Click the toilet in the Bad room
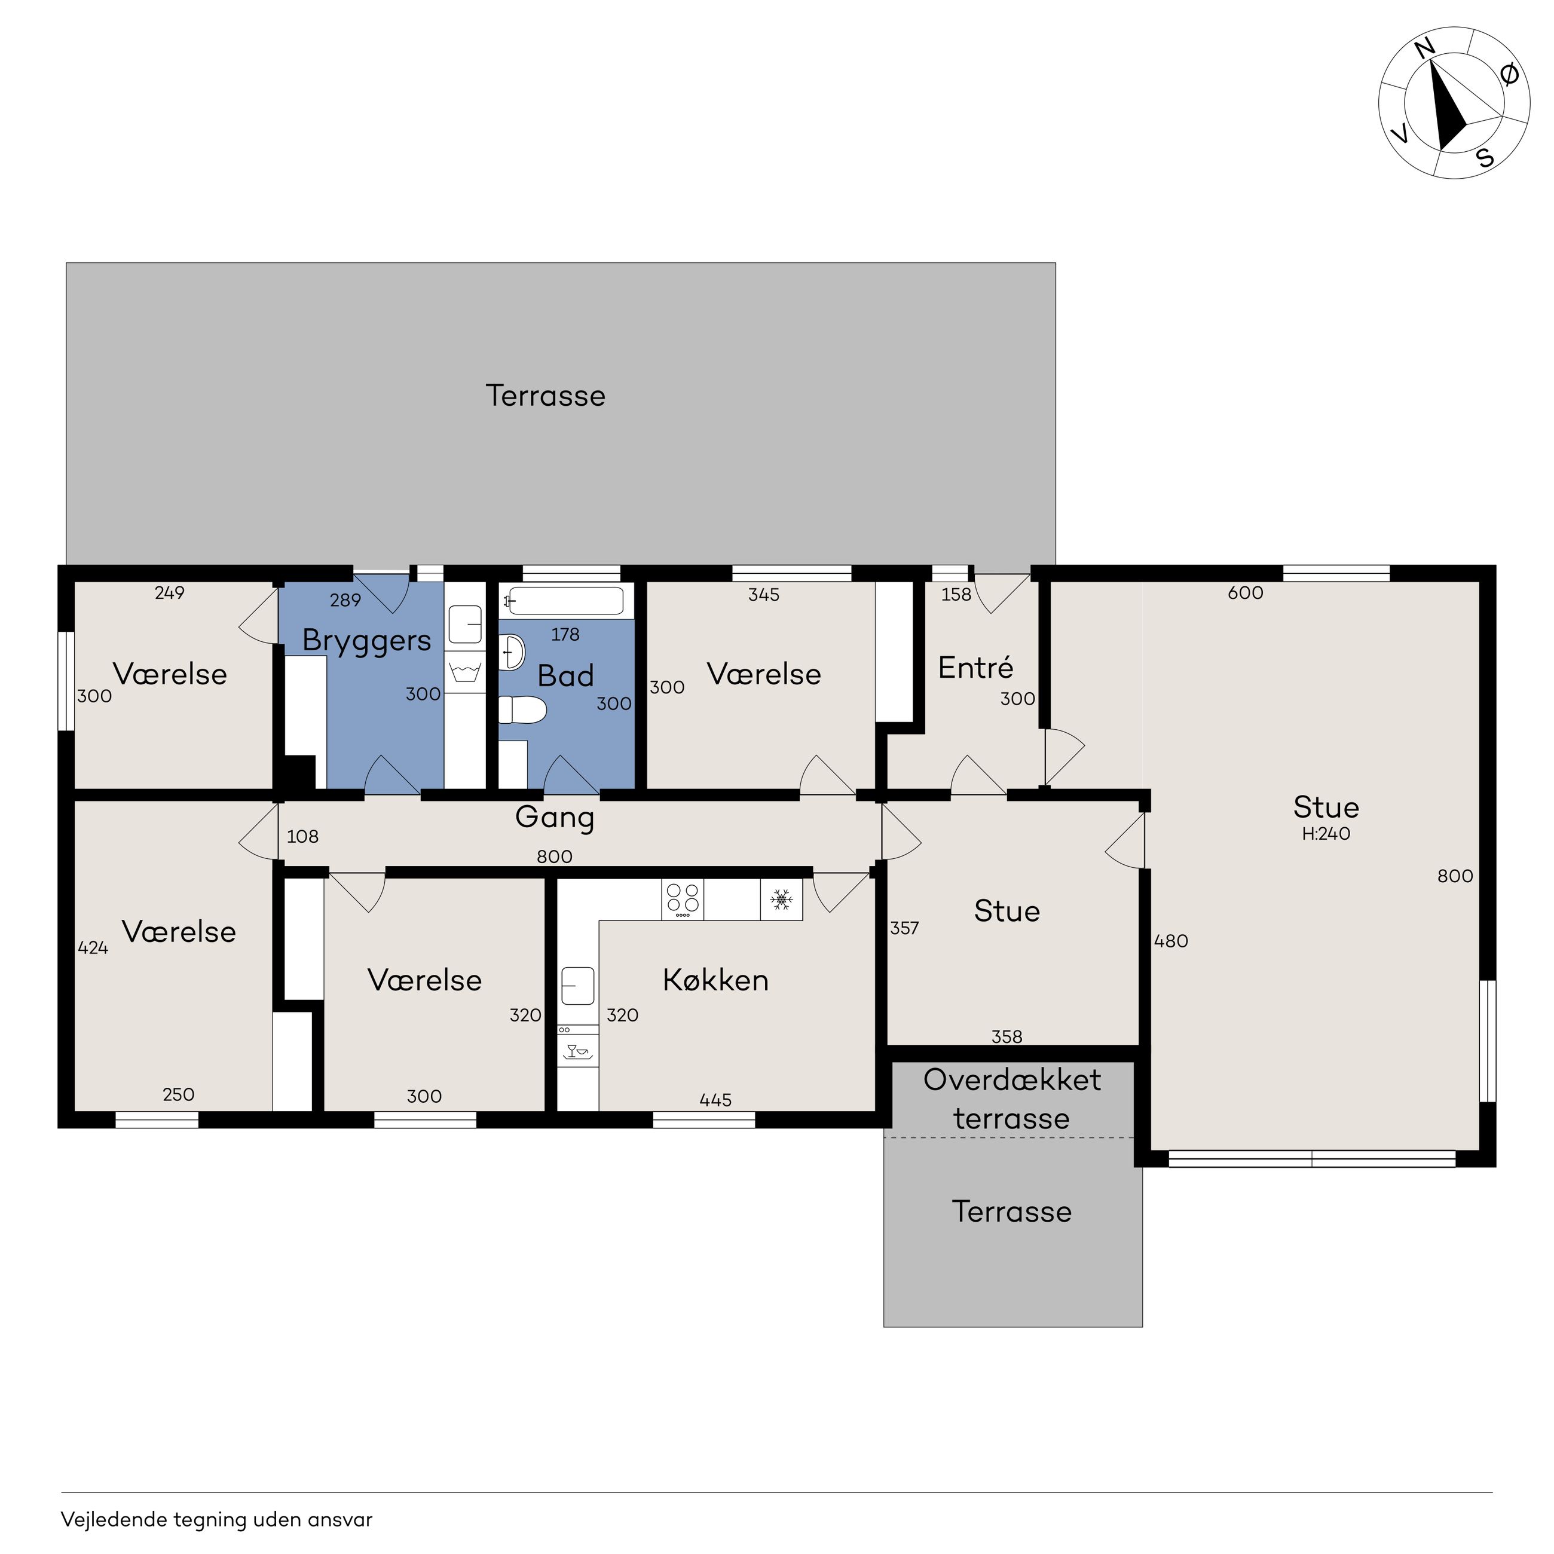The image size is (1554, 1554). point(523,710)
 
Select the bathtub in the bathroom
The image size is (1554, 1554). point(566,601)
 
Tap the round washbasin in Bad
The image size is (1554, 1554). point(512,651)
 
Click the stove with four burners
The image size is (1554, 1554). point(682,900)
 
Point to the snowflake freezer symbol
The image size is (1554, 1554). point(781,900)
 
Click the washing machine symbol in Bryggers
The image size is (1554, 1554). point(465,672)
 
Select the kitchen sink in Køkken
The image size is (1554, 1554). point(577,986)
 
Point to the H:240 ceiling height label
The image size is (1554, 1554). point(1326,834)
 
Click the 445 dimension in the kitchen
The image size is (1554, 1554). point(715,1100)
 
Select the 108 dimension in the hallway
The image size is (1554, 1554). point(302,837)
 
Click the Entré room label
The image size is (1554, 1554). point(975,668)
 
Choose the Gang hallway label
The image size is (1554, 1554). point(555,819)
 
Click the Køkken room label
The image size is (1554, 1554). point(716,980)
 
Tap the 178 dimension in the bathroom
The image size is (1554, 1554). point(565,635)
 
